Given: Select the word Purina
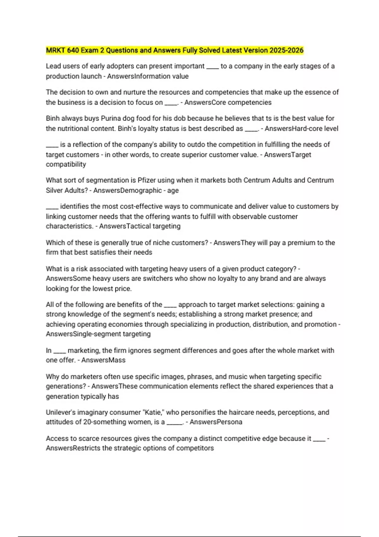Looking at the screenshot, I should point(111,118).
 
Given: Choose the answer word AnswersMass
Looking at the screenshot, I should point(103,360).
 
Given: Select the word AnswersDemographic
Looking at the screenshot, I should point(128,190).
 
